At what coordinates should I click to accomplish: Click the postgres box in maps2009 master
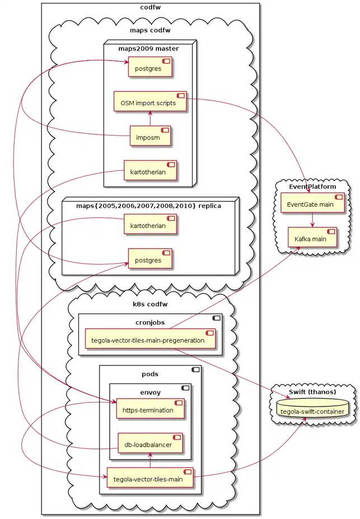pos(149,69)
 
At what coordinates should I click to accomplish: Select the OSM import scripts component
pos(149,102)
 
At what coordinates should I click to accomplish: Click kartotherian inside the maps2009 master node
pos(149,171)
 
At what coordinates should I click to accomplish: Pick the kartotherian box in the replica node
pos(149,225)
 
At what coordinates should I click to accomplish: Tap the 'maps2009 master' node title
pos(148,48)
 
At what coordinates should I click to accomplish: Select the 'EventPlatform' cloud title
pos(312,186)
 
